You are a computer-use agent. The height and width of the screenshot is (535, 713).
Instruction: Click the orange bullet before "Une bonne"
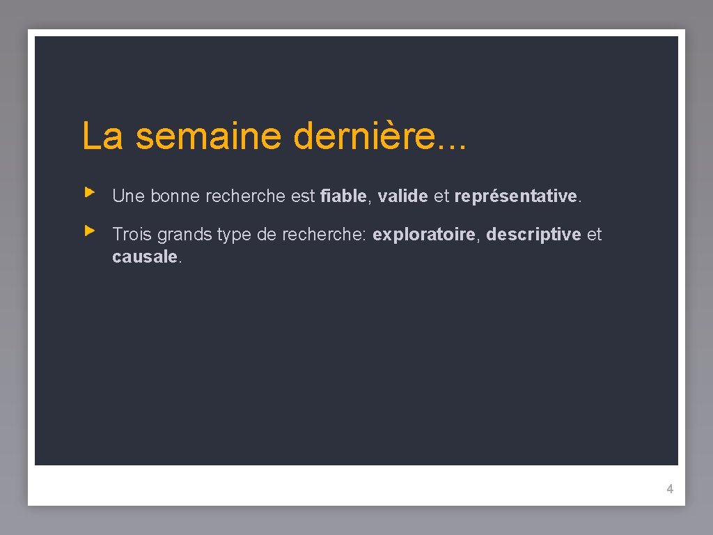coord(89,191)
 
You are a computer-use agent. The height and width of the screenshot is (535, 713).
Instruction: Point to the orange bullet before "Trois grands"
coord(89,229)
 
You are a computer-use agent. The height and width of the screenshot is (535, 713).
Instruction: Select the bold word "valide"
coord(402,196)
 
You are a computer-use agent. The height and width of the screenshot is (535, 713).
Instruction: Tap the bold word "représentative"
coord(515,196)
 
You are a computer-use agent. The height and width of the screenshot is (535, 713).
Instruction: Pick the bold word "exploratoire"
coord(424,235)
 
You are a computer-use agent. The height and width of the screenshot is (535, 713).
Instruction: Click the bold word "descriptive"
coord(533,235)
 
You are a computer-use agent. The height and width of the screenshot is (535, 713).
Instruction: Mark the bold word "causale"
coord(145,257)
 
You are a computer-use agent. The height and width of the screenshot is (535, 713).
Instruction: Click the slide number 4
coord(670,489)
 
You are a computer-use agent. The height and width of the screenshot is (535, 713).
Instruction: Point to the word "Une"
coord(128,196)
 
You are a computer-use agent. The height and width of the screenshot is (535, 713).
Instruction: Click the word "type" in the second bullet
coord(234,235)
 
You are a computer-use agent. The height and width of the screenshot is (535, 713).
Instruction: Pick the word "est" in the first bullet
coord(303,196)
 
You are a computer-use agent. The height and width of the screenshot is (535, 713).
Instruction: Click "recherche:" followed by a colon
coord(324,235)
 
